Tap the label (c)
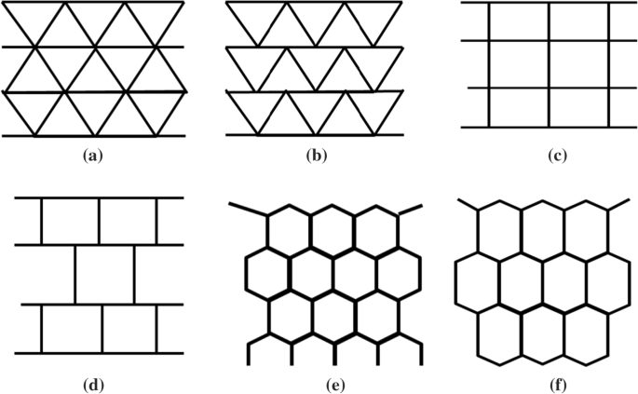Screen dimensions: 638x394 pyautogui.click(x=558, y=156)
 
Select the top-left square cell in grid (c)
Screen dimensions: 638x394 pyautogui.click(x=518, y=21)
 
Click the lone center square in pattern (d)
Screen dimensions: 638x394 pyautogui.click(x=101, y=275)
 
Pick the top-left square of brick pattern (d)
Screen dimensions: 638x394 pyautogui.click(x=70, y=222)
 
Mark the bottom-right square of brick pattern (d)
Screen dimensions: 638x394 pyautogui.click(x=129, y=329)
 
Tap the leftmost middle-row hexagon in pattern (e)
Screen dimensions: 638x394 pyautogui.click(x=268, y=273)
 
